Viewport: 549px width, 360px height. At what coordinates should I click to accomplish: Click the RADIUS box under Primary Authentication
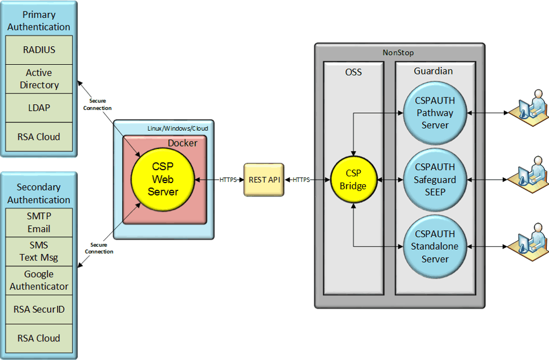pyautogui.click(x=39, y=50)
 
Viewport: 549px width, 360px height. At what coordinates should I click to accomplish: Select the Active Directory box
pyautogui.click(x=39, y=79)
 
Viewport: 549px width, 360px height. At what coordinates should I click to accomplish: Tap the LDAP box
pyautogui.click(x=39, y=108)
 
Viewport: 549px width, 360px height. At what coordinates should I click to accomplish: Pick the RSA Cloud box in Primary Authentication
pyautogui.click(x=39, y=136)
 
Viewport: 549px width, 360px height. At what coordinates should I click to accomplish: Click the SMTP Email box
pyautogui.click(x=39, y=223)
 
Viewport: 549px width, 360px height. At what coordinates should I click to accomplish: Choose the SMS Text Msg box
pyautogui.click(x=39, y=251)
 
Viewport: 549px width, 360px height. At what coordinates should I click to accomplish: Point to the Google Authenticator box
pyautogui.click(x=39, y=280)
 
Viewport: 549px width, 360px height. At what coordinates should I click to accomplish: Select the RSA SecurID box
pyautogui.click(x=39, y=309)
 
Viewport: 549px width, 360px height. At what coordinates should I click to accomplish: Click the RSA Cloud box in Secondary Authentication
pyautogui.click(x=39, y=338)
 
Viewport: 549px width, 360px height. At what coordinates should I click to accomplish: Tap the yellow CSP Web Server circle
pyautogui.click(x=162, y=180)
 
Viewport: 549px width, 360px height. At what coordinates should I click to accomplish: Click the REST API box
pyautogui.click(x=264, y=180)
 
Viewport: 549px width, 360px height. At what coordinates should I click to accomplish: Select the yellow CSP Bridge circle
pyautogui.click(x=353, y=180)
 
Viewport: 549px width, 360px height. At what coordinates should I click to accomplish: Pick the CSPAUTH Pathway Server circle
pyautogui.click(x=435, y=113)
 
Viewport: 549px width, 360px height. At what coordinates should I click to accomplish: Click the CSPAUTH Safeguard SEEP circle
pyautogui.click(x=435, y=180)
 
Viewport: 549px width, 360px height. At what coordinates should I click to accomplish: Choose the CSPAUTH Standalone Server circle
pyautogui.click(x=435, y=247)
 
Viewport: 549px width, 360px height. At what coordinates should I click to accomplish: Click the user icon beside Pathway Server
pyautogui.click(x=528, y=108)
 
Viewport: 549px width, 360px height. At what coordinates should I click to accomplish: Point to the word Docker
pyautogui.click(x=182, y=143)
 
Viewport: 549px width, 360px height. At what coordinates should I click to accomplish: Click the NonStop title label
pyautogui.click(x=398, y=52)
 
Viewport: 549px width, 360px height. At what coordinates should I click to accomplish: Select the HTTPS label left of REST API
pyautogui.click(x=228, y=180)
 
